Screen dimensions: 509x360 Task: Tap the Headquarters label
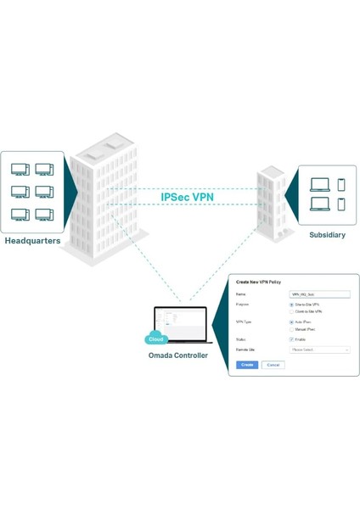32,241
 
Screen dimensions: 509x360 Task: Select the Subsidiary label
327,234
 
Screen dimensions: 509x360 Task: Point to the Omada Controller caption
178,355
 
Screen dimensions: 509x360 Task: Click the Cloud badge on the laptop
156,338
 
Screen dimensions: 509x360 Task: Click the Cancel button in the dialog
273,365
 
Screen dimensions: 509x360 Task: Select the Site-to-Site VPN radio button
292,305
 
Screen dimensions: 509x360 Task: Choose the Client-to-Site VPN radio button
292,311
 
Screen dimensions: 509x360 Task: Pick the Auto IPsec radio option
292,322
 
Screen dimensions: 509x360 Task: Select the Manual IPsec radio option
292,329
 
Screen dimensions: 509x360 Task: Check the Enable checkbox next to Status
292,339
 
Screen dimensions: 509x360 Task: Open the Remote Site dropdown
320,350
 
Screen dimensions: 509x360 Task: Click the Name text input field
320,294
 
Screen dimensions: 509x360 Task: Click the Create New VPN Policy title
259,282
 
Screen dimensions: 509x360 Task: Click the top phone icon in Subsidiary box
341,184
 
